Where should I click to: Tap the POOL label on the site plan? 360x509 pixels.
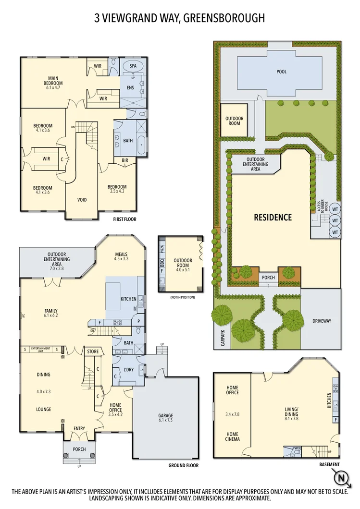281,72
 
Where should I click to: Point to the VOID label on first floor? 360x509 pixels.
82,199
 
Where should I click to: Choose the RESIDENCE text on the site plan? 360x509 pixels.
273,217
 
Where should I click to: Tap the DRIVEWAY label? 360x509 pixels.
322,321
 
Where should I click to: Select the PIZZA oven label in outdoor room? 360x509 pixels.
161,249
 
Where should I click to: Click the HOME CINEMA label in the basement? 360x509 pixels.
232,436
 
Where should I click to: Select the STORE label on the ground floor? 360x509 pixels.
93,351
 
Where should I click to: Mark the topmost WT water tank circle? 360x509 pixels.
335,209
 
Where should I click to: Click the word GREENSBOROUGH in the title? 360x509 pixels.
226,18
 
